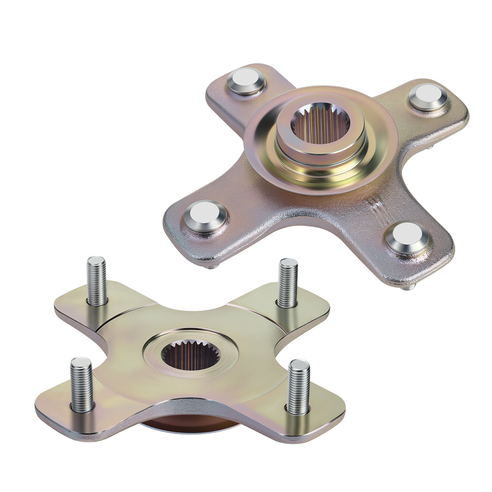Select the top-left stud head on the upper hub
click(246, 81)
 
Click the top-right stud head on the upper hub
click(428, 97)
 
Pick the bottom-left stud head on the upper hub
click(205, 216)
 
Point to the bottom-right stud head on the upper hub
click(407, 237)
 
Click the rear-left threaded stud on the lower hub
click(97, 280)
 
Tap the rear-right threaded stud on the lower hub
click(288, 283)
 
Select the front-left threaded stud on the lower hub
click(82, 384)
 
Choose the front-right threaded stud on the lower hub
click(298, 387)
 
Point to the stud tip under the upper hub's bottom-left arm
click(210, 267)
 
